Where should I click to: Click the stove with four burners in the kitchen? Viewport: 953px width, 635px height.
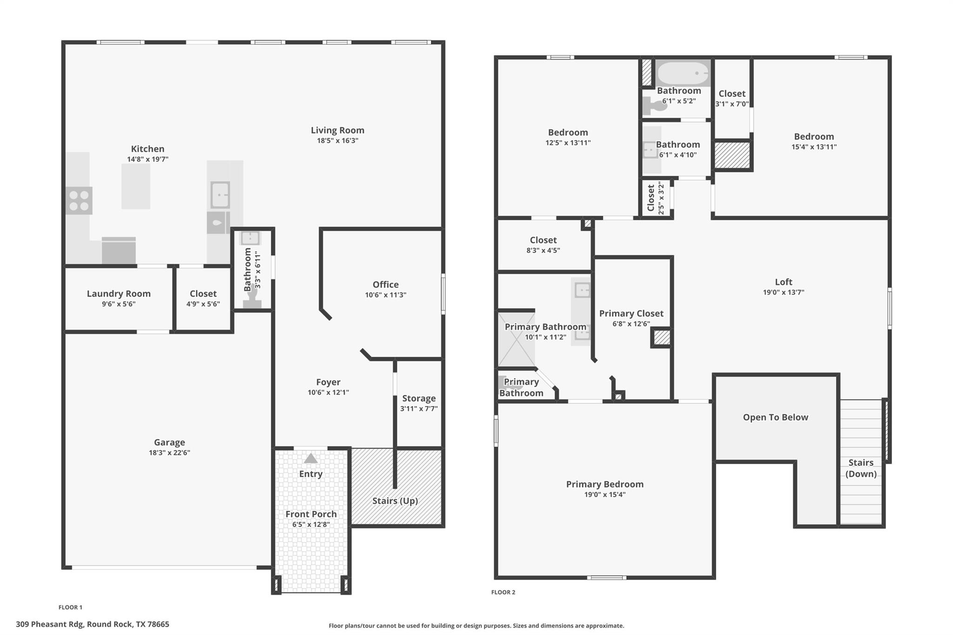tap(79, 201)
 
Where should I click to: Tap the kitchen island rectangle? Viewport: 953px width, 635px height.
tap(136, 186)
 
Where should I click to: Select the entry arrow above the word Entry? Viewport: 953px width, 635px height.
tap(310, 459)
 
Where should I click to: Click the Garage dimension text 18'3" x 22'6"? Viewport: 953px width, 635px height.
tap(169, 453)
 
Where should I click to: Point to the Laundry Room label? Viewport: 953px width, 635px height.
tap(119, 294)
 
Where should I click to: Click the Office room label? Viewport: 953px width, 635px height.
tap(385, 284)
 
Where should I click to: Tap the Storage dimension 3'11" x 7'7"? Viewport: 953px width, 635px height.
tap(419, 408)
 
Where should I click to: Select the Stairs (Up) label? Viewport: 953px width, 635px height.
tap(395, 501)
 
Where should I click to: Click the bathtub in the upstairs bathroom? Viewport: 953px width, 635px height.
tap(683, 74)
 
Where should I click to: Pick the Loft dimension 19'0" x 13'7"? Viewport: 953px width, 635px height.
tap(783, 292)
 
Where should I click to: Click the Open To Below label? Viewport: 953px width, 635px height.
tap(775, 417)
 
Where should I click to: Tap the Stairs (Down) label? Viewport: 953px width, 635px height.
tap(861, 468)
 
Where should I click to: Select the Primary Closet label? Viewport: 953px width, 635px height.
tap(631, 314)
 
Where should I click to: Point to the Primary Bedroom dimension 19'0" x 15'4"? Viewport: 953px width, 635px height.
tap(604, 495)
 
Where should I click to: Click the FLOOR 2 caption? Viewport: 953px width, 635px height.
tap(503, 592)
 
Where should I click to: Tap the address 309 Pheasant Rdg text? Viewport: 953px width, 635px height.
tap(92, 624)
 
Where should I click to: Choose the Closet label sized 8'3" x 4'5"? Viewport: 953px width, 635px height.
tap(543, 240)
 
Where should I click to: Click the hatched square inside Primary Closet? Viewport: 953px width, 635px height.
tap(661, 338)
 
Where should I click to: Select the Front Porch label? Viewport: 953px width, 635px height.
tap(311, 514)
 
